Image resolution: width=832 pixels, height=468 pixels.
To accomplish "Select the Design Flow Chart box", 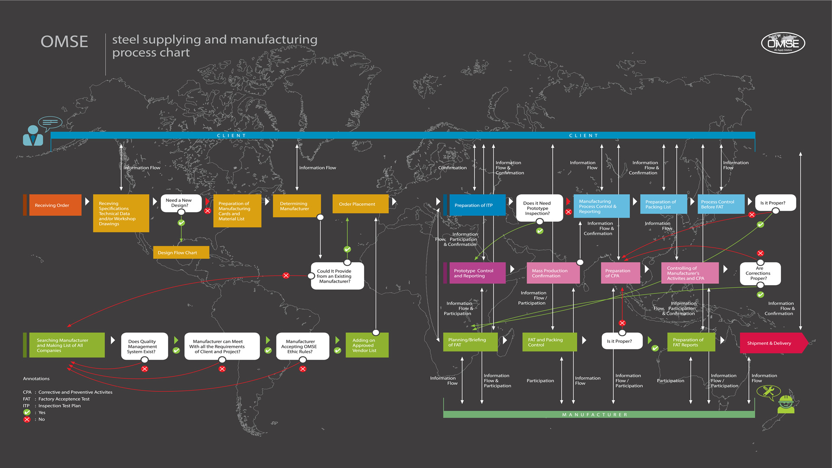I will (181, 253).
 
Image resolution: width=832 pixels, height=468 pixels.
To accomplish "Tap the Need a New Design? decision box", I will (181, 203).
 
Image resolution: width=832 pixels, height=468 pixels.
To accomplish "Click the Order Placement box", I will (360, 204).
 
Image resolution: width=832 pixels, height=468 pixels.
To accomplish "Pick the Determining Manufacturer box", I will (297, 206).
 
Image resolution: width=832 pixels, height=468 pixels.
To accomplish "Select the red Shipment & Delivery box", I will (771, 343).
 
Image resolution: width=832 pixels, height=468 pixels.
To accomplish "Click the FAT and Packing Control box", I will (549, 342).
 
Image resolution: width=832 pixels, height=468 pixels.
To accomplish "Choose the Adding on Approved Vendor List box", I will (367, 345).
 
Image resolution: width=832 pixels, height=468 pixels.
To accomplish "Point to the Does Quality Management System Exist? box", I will (144, 346).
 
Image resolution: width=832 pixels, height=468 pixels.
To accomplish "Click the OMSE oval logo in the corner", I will (783, 43).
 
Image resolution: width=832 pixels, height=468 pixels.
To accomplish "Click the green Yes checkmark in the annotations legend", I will (27, 413).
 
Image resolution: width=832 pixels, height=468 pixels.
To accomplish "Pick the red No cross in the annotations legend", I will (27, 419).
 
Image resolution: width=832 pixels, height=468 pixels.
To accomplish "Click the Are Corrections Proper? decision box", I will (760, 273).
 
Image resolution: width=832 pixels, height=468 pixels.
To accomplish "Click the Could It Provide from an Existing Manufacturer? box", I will (337, 276).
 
